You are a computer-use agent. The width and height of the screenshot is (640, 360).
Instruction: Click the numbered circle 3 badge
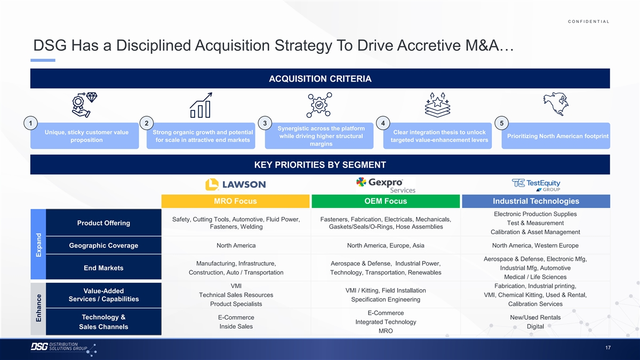click(265, 123)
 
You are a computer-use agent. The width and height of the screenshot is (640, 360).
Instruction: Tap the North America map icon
click(556, 104)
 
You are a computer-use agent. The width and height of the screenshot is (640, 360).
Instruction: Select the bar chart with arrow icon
click(201, 105)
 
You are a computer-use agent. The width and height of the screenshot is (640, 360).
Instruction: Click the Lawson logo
click(235, 185)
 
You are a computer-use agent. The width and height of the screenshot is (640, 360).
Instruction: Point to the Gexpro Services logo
click(386, 185)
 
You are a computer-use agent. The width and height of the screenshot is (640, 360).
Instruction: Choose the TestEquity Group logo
click(536, 185)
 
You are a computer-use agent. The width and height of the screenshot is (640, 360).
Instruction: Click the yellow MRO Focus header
click(235, 201)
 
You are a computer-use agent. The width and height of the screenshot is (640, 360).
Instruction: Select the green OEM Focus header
click(386, 201)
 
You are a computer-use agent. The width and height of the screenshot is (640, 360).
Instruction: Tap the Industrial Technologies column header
click(536, 201)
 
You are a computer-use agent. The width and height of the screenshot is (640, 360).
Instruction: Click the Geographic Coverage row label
click(103, 245)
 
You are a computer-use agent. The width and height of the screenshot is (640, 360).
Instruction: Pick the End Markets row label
click(103, 268)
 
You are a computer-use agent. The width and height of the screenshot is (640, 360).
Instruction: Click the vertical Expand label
click(38, 245)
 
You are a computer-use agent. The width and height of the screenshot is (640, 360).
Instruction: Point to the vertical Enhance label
click(38, 308)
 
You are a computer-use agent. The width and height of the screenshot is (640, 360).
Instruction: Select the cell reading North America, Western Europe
click(535, 245)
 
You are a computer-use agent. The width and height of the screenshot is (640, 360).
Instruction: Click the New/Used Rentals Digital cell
click(535, 322)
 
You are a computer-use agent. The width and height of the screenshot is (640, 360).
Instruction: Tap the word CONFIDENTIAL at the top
click(589, 21)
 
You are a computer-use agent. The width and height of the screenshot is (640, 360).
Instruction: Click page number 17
click(607, 348)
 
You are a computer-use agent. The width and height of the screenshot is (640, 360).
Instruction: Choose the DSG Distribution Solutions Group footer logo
click(63, 349)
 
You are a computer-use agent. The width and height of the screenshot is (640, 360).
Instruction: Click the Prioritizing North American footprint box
click(556, 135)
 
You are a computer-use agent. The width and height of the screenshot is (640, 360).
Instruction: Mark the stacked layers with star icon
click(437, 105)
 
